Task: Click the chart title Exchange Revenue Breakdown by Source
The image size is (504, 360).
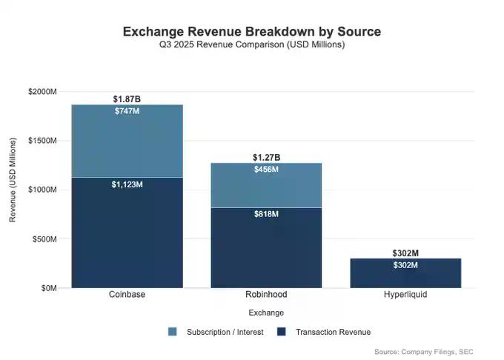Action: click(251, 32)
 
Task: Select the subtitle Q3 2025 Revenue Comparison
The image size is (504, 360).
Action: click(251, 45)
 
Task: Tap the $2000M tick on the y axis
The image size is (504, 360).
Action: click(42, 91)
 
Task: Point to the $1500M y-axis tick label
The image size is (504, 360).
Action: click(42, 141)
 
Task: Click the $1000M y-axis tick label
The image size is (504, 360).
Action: click(42, 190)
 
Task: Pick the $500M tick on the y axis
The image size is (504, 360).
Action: click(44, 239)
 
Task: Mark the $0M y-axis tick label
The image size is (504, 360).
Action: click(49, 288)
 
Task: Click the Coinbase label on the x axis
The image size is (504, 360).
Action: click(127, 295)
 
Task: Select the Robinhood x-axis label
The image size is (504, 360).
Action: click(266, 295)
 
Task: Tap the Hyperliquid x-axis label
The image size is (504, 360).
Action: click(405, 295)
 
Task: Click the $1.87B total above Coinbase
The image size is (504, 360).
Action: click(127, 99)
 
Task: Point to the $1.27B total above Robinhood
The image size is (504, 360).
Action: click(266, 157)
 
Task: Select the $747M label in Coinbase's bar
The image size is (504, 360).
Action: click(127, 111)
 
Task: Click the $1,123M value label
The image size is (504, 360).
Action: click(127, 184)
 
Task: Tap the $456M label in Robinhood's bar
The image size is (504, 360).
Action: click(266, 170)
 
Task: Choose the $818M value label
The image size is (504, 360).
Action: click(266, 214)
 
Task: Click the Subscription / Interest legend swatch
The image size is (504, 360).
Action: click(173, 332)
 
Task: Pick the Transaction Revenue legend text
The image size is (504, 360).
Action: click(333, 332)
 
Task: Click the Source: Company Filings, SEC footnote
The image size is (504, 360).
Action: click(423, 351)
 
